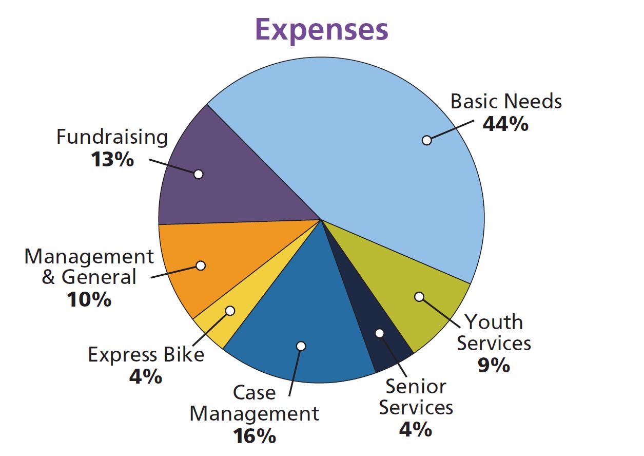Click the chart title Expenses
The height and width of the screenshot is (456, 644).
point(321,29)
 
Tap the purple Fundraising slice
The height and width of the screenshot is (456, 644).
point(231,175)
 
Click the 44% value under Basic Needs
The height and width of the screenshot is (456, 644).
point(505,124)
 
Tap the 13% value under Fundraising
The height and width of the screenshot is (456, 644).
point(112,160)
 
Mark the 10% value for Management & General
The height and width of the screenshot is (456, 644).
point(89,299)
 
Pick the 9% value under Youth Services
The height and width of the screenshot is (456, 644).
point(494,365)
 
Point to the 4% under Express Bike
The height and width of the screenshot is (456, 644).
point(146,377)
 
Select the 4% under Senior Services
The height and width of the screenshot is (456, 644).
point(416,429)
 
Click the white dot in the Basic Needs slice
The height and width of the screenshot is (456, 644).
point(426,140)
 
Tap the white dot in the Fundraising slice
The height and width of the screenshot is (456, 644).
point(199,174)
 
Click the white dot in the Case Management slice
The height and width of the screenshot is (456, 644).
point(301,346)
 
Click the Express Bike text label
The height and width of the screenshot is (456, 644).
point(146,355)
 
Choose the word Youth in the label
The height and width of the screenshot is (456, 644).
point(494,322)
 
